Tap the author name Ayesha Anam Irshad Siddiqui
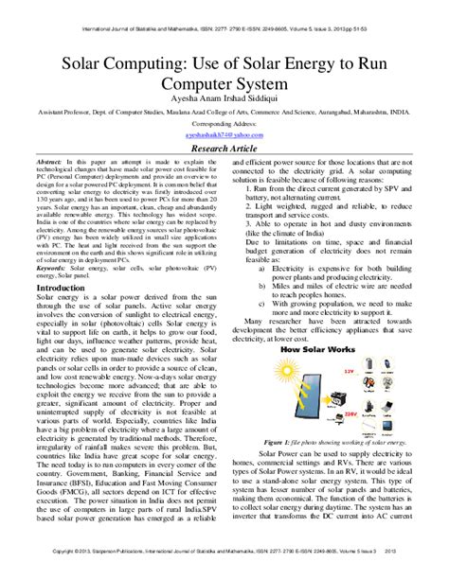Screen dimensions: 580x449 pos(224,97)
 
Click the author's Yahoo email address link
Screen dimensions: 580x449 pos(224,133)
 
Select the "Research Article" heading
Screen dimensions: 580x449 pos(224,149)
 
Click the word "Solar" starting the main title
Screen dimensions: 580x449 pos(61,65)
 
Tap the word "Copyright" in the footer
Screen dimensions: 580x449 pos(61,573)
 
